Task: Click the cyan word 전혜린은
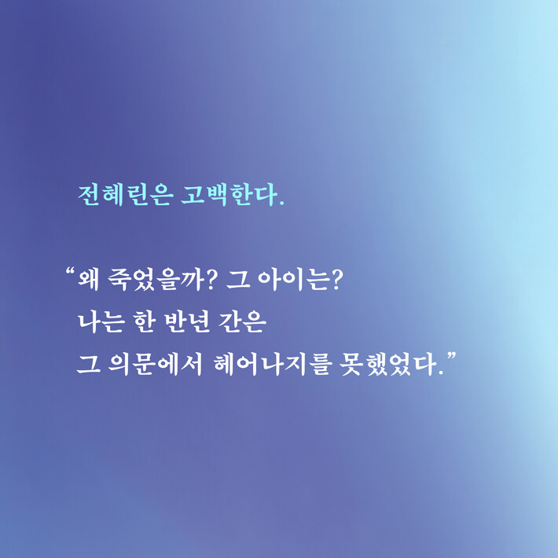click(126, 195)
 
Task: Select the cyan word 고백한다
click(229, 194)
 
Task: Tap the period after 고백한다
click(282, 204)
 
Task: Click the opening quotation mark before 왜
click(70, 272)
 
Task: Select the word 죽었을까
click(156, 280)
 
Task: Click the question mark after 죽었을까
click(211, 280)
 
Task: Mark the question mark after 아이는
click(336, 280)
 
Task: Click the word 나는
click(101, 321)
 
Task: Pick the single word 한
click(144, 321)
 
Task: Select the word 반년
click(187, 321)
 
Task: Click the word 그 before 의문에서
click(88, 365)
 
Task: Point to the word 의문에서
click(155, 364)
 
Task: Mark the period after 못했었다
click(441, 373)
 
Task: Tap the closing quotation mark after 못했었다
click(451, 356)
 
